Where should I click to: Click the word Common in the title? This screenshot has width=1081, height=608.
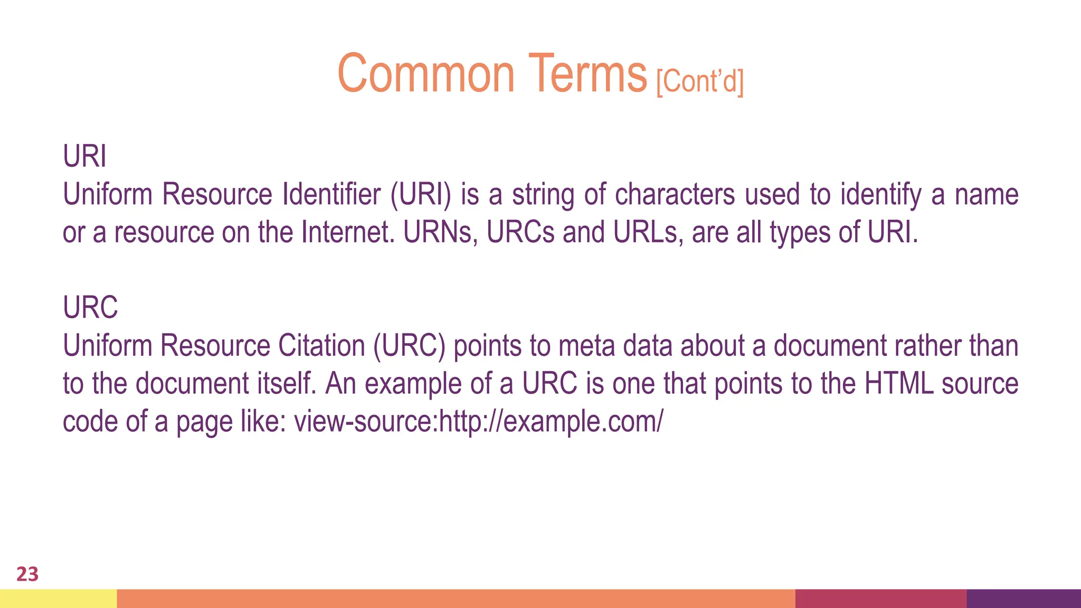coord(425,73)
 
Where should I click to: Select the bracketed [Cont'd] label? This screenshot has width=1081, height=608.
coord(700,81)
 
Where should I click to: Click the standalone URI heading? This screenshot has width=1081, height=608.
coord(84,156)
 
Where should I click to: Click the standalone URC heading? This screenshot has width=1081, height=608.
coord(90,307)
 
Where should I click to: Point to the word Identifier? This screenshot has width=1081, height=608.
coord(331,194)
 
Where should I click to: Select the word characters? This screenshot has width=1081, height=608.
coord(675,194)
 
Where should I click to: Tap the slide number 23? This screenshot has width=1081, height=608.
coord(27,574)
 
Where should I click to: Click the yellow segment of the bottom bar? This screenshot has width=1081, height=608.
coord(58,598)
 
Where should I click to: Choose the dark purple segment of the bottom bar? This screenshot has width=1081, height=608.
coord(1023,598)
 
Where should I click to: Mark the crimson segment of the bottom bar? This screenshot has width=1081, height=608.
coord(880,598)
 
